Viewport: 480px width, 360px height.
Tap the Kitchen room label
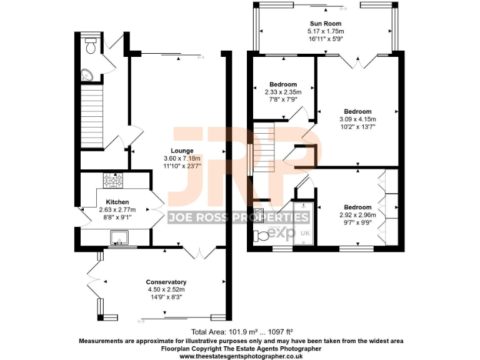pos(117,202)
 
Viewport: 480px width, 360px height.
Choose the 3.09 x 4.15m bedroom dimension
pos(357,119)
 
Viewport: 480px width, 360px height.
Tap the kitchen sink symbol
pos(118,236)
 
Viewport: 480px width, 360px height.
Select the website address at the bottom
pos(241,356)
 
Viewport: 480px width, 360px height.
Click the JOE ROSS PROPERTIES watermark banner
pos(240,217)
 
